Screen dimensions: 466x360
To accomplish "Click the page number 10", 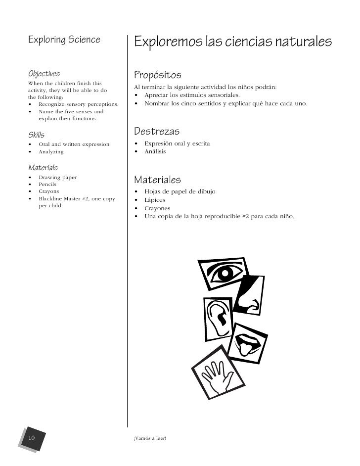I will pos(32,437).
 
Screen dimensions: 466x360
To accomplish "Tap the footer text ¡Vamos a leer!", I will pos(150,438).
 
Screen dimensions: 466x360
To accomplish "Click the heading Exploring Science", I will pos(64,39).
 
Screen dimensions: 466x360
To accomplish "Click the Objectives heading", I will pos(44,74).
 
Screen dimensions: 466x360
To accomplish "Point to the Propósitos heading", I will pos(158,75).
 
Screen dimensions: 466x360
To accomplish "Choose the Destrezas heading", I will pos(157,132).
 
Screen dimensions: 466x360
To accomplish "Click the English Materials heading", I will pos(43,167).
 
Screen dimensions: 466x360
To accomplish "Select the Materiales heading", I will pos(157,179).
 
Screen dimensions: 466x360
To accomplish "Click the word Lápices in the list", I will pos(155,200).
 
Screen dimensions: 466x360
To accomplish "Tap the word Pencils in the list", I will pos(47,184).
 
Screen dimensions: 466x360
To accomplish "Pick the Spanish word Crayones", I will pos(158,208).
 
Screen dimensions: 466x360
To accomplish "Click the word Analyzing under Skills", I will pos(51,151).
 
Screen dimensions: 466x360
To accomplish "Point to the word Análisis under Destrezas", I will pos(155,151).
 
